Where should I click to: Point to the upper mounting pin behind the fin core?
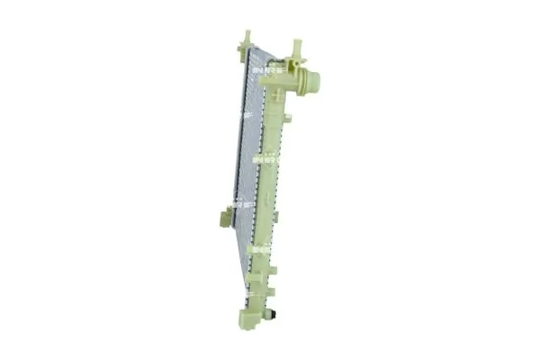244,40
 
